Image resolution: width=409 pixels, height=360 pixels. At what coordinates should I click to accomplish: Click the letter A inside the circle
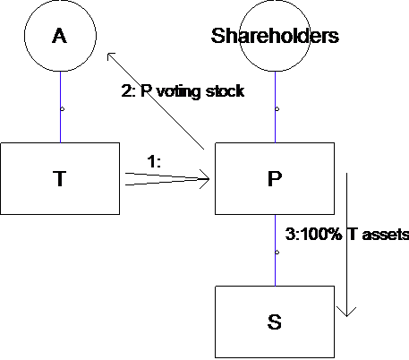pyautogui.click(x=60, y=36)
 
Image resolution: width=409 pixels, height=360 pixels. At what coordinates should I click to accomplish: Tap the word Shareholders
pyautogui.click(x=275, y=36)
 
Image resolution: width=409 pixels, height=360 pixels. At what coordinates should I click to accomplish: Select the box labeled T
pyautogui.click(x=60, y=178)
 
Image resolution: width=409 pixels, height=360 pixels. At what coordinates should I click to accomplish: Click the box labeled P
pyautogui.click(x=275, y=178)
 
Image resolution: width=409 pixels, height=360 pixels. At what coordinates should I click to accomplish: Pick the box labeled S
pyautogui.click(x=275, y=321)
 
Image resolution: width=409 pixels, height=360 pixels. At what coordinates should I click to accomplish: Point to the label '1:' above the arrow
pyautogui.click(x=154, y=162)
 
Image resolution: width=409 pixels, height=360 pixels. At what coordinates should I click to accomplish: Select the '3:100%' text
pyautogui.click(x=314, y=234)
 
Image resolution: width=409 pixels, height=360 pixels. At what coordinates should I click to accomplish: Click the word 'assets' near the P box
pyautogui.click(x=386, y=235)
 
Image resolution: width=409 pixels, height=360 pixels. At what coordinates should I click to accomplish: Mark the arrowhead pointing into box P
pyautogui.click(x=205, y=179)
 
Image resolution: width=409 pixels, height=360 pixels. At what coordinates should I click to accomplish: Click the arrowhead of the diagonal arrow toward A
pyautogui.click(x=111, y=56)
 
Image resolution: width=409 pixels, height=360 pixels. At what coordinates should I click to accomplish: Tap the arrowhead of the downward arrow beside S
pyautogui.click(x=346, y=312)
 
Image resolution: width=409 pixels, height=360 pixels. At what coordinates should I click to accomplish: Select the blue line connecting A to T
pyautogui.click(x=61, y=107)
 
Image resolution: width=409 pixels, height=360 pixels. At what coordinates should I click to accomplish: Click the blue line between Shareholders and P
pyautogui.click(x=275, y=107)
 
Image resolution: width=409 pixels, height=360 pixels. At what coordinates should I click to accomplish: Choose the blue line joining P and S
pyautogui.click(x=275, y=250)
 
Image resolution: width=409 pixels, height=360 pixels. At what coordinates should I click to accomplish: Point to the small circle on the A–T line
pyautogui.click(x=62, y=109)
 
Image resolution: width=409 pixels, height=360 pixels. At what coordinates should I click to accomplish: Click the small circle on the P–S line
pyautogui.click(x=277, y=253)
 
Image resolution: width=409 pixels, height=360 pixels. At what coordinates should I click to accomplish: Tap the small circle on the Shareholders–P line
pyautogui.click(x=277, y=109)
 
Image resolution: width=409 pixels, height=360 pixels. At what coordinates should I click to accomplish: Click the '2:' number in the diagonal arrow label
pyautogui.click(x=128, y=91)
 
